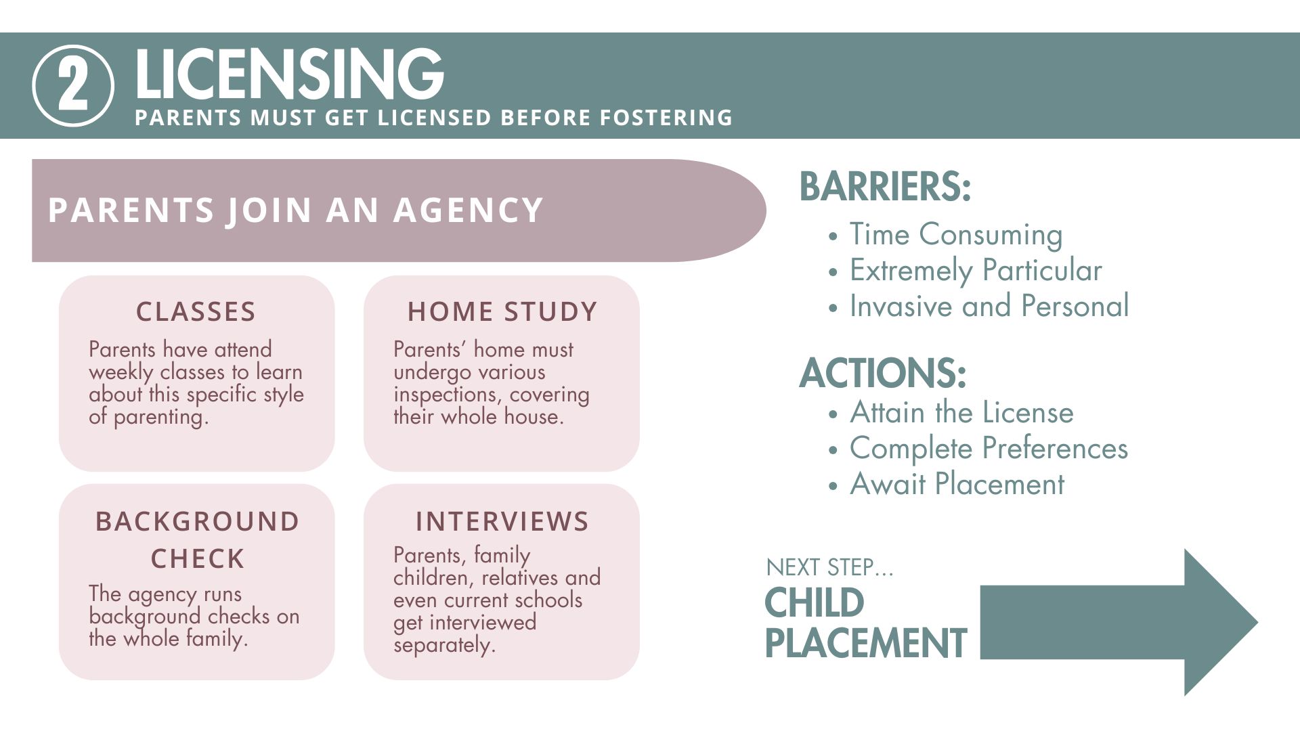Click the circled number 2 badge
coord(73,86)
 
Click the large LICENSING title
coord(289,74)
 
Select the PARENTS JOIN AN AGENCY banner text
coord(296,210)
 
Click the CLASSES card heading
coord(196,311)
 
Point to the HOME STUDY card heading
coord(502,311)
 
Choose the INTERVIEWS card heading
coord(502,521)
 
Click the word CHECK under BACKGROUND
coord(198,559)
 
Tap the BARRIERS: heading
coord(886,187)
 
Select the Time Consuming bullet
coord(956,235)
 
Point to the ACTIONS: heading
coord(883,373)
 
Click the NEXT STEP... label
coord(829,567)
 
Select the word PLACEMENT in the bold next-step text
coord(866,643)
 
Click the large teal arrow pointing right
coord(1119,622)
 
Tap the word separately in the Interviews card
coord(444,644)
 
